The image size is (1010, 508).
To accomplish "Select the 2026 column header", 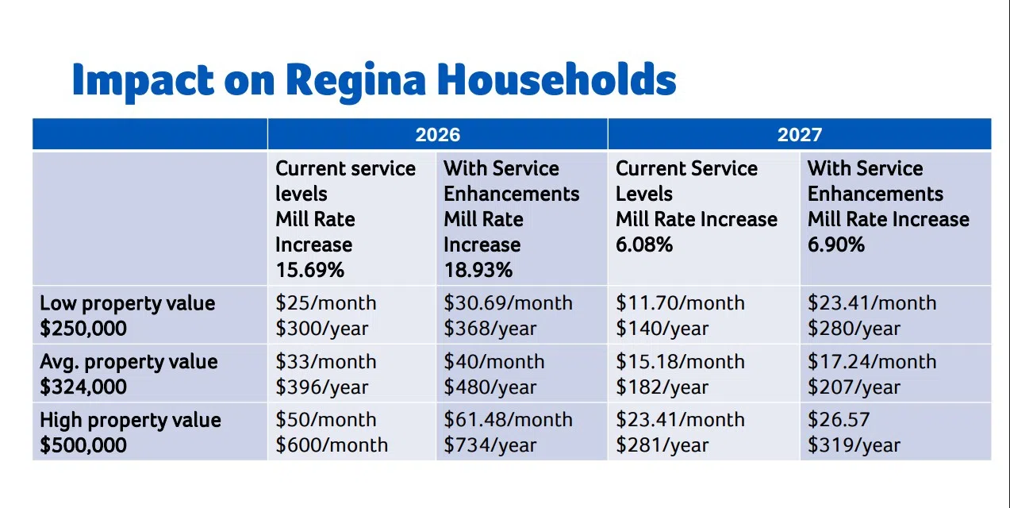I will click(x=437, y=134).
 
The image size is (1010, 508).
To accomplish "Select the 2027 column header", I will click(x=799, y=134).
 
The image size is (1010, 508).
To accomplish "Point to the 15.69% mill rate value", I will click(x=309, y=270).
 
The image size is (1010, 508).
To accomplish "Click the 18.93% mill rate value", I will click(x=478, y=270).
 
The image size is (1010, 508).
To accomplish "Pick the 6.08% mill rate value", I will click(x=644, y=244).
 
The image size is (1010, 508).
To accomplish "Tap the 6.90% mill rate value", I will click(x=836, y=244).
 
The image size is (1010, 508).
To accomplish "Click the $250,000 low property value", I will click(x=83, y=329).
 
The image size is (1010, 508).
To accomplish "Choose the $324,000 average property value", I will click(x=83, y=387).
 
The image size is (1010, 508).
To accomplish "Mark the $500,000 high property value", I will click(x=83, y=445).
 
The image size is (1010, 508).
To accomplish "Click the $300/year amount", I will click(x=321, y=329).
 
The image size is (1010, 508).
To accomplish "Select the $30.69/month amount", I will click(x=508, y=303).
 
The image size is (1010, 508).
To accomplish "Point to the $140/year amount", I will click(x=662, y=329).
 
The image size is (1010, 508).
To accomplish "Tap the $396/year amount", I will click(x=321, y=387).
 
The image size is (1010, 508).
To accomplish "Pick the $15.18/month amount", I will click(x=680, y=362).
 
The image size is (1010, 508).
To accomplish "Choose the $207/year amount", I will click(x=854, y=387).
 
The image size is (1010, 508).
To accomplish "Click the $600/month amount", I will click(x=332, y=445).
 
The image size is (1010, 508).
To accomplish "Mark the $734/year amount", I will click(x=490, y=445).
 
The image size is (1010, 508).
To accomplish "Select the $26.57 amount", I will click(x=837, y=420).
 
